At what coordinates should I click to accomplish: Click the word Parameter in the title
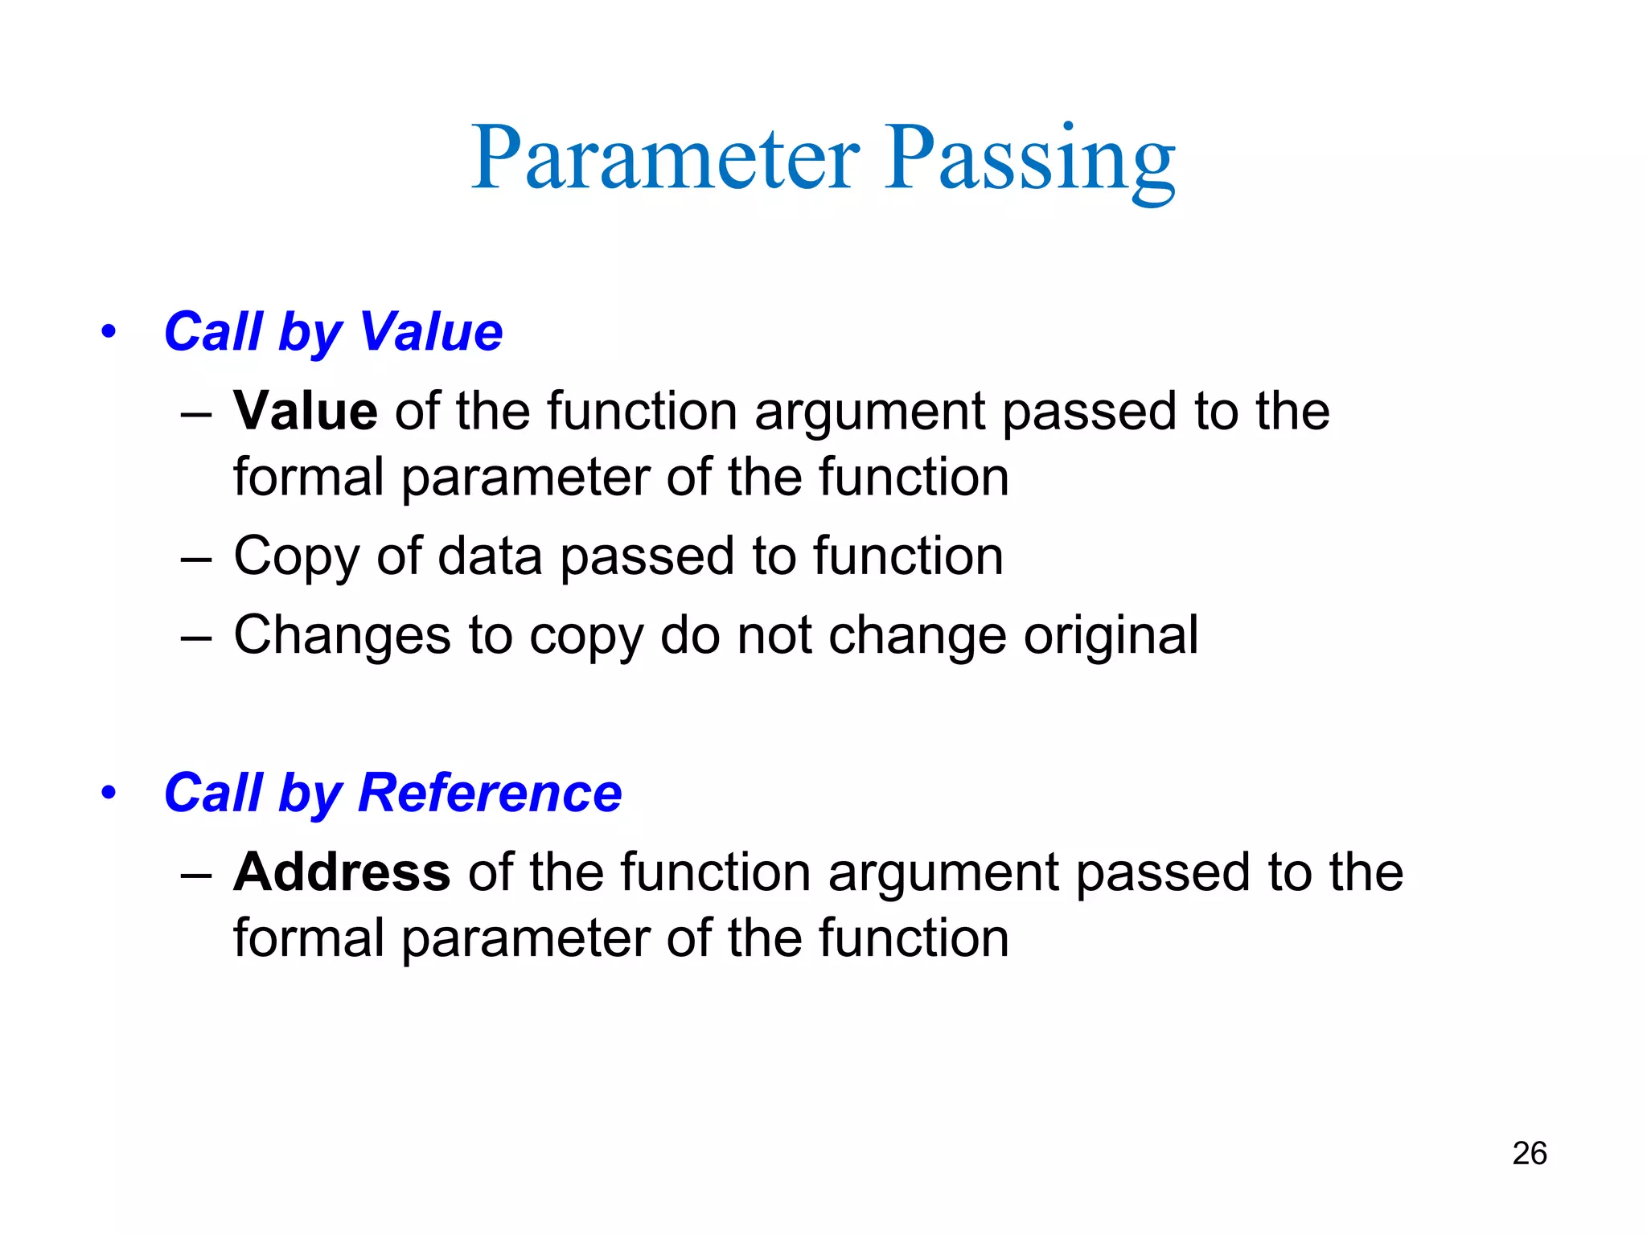pyautogui.click(x=666, y=158)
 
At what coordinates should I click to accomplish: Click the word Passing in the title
pyautogui.click(x=1030, y=158)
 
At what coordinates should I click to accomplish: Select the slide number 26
pyautogui.click(x=1529, y=1153)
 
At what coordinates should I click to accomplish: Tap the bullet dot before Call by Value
pyautogui.click(x=109, y=331)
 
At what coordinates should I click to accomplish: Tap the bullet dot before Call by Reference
pyautogui.click(x=109, y=793)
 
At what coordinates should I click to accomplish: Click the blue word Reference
pyautogui.click(x=490, y=793)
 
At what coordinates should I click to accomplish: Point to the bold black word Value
pyautogui.click(x=306, y=411)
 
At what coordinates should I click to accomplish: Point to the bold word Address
pyautogui.click(x=342, y=872)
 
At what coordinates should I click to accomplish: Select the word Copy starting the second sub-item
pyautogui.click(x=296, y=556)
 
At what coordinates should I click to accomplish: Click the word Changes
pyautogui.click(x=342, y=635)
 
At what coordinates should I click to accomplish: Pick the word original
pyautogui.click(x=1111, y=635)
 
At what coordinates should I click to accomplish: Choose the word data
pyautogui.click(x=490, y=556)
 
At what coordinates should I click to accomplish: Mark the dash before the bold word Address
pyautogui.click(x=196, y=873)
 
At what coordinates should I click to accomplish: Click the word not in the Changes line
pyautogui.click(x=774, y=635)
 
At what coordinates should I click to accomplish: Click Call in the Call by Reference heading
pyautogui.click(x=214, y=793)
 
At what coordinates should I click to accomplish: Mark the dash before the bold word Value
pyautogui.click(x=196, y=412)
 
